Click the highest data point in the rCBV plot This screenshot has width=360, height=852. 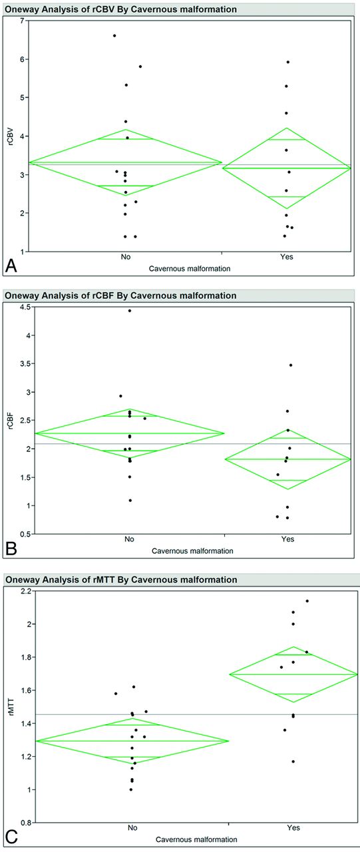click(114, 36)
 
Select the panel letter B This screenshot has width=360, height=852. click(11, 549)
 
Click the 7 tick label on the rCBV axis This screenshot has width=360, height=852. click(21, 21)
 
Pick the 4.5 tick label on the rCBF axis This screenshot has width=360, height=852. click(25, 307)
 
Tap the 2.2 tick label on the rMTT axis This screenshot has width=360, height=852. click(25, 591)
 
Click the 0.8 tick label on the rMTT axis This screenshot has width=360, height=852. click(25, 823)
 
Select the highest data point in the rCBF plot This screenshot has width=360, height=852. click(130, 311)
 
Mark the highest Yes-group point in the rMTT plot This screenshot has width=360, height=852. click(307, 601)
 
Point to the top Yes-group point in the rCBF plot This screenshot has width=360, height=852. click(291, 365)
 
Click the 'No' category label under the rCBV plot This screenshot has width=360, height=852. click(126, 257)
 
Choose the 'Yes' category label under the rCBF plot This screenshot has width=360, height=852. click(287, 539)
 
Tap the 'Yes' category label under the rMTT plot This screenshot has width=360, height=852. click(293, 827)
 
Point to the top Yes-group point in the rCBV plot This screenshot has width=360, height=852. click(288, 62)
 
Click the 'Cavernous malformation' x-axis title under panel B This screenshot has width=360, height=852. click(192, 550)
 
